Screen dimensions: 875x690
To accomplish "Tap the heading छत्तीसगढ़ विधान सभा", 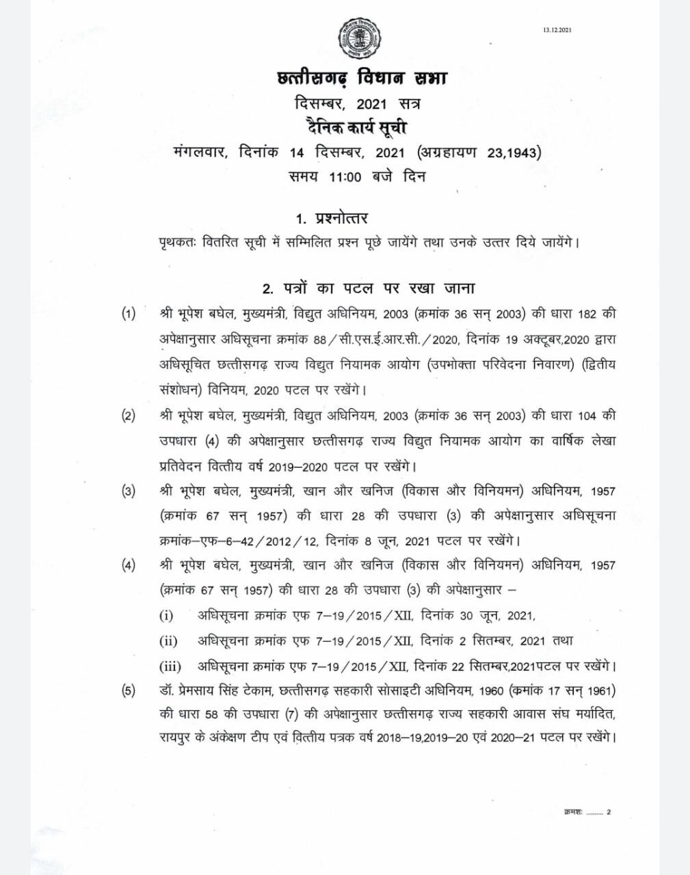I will [358, 79].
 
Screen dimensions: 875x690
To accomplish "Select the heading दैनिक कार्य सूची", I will [358, 127].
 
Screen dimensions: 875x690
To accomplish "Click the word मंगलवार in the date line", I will [200, 151].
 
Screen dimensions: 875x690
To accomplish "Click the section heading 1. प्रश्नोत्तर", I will [332, 218].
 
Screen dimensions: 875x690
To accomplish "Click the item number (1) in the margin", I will [129, 314].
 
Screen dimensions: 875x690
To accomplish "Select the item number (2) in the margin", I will [129, 416].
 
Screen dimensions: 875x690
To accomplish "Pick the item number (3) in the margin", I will [129, 491].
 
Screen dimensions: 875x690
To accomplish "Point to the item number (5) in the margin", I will [129, 690].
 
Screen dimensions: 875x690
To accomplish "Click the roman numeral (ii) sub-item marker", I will [168, 641].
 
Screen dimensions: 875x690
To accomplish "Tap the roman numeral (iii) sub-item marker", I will [170, 666].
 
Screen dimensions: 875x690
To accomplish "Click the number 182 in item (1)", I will [587, 314].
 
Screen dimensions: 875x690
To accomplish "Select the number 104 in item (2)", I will [587, 416].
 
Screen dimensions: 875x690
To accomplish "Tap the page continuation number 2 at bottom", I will [609, 812].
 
